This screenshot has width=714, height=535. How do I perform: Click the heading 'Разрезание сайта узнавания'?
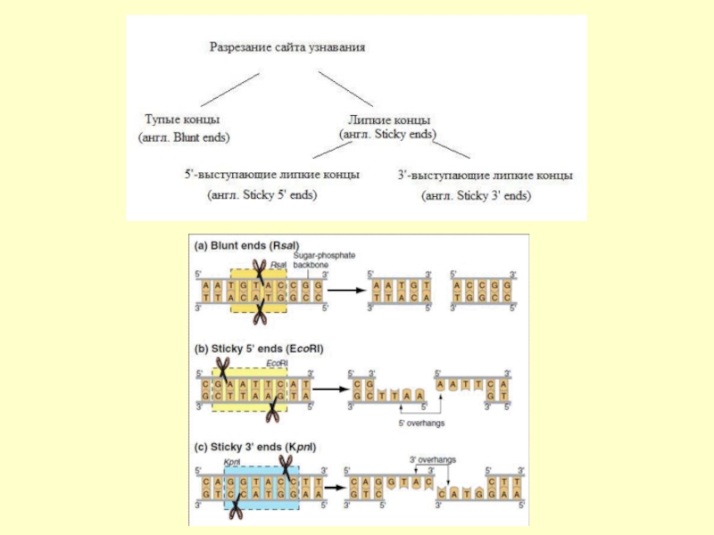287,45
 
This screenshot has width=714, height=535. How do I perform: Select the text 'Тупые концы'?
182,119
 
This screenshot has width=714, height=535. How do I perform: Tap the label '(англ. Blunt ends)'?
184,138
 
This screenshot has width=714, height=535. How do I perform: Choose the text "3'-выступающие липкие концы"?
486,176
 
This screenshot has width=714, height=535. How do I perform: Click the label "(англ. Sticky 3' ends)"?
476,194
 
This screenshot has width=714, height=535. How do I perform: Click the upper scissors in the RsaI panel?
260,268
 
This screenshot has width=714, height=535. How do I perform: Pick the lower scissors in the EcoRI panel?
273,411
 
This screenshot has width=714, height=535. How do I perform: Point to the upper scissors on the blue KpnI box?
286,466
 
